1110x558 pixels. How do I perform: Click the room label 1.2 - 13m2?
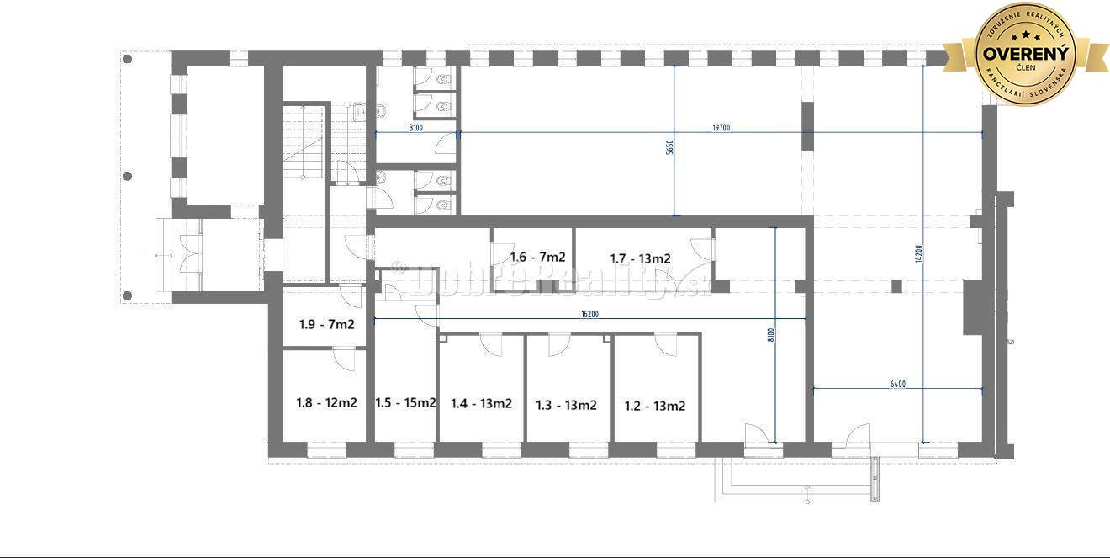click(654, 406)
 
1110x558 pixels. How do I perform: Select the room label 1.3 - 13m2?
click(566, 405)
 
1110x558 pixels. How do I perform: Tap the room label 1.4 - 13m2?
click(481, 403)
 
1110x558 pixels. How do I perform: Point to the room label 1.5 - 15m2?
click(405, 402)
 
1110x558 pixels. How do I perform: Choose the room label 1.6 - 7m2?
click(537, 258)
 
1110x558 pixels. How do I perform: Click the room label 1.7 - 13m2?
click(640, 258)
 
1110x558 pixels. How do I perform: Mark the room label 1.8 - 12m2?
click(326, 402)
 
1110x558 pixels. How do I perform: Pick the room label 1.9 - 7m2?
click(326, 324)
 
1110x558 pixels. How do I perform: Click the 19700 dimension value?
click(721, 128)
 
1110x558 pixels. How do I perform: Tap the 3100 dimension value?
click(415, 128)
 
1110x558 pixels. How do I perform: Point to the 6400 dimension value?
click(897, 384)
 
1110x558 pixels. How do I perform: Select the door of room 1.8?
click(345, 359)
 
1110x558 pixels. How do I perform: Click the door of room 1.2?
click(666, 344)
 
